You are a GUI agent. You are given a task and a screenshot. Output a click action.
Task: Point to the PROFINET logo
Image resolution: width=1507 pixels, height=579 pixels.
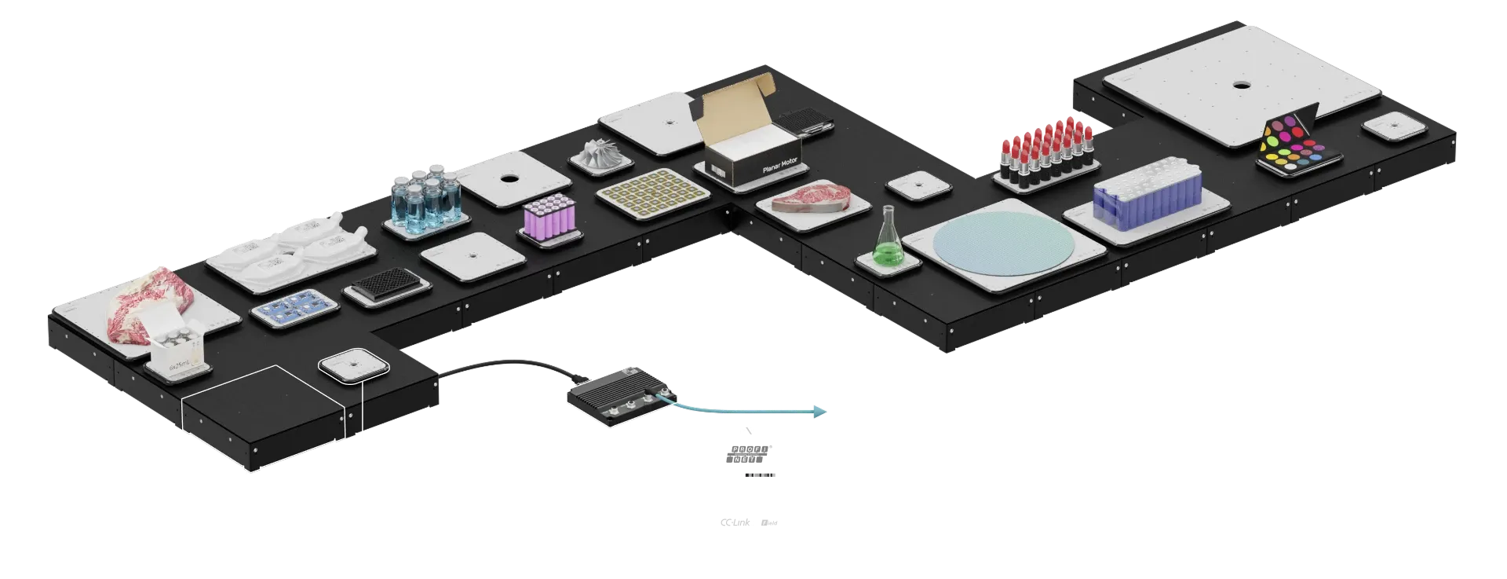pos(746,453)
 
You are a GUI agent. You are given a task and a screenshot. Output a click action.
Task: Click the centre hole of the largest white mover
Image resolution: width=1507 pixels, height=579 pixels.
pos(1242,85)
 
